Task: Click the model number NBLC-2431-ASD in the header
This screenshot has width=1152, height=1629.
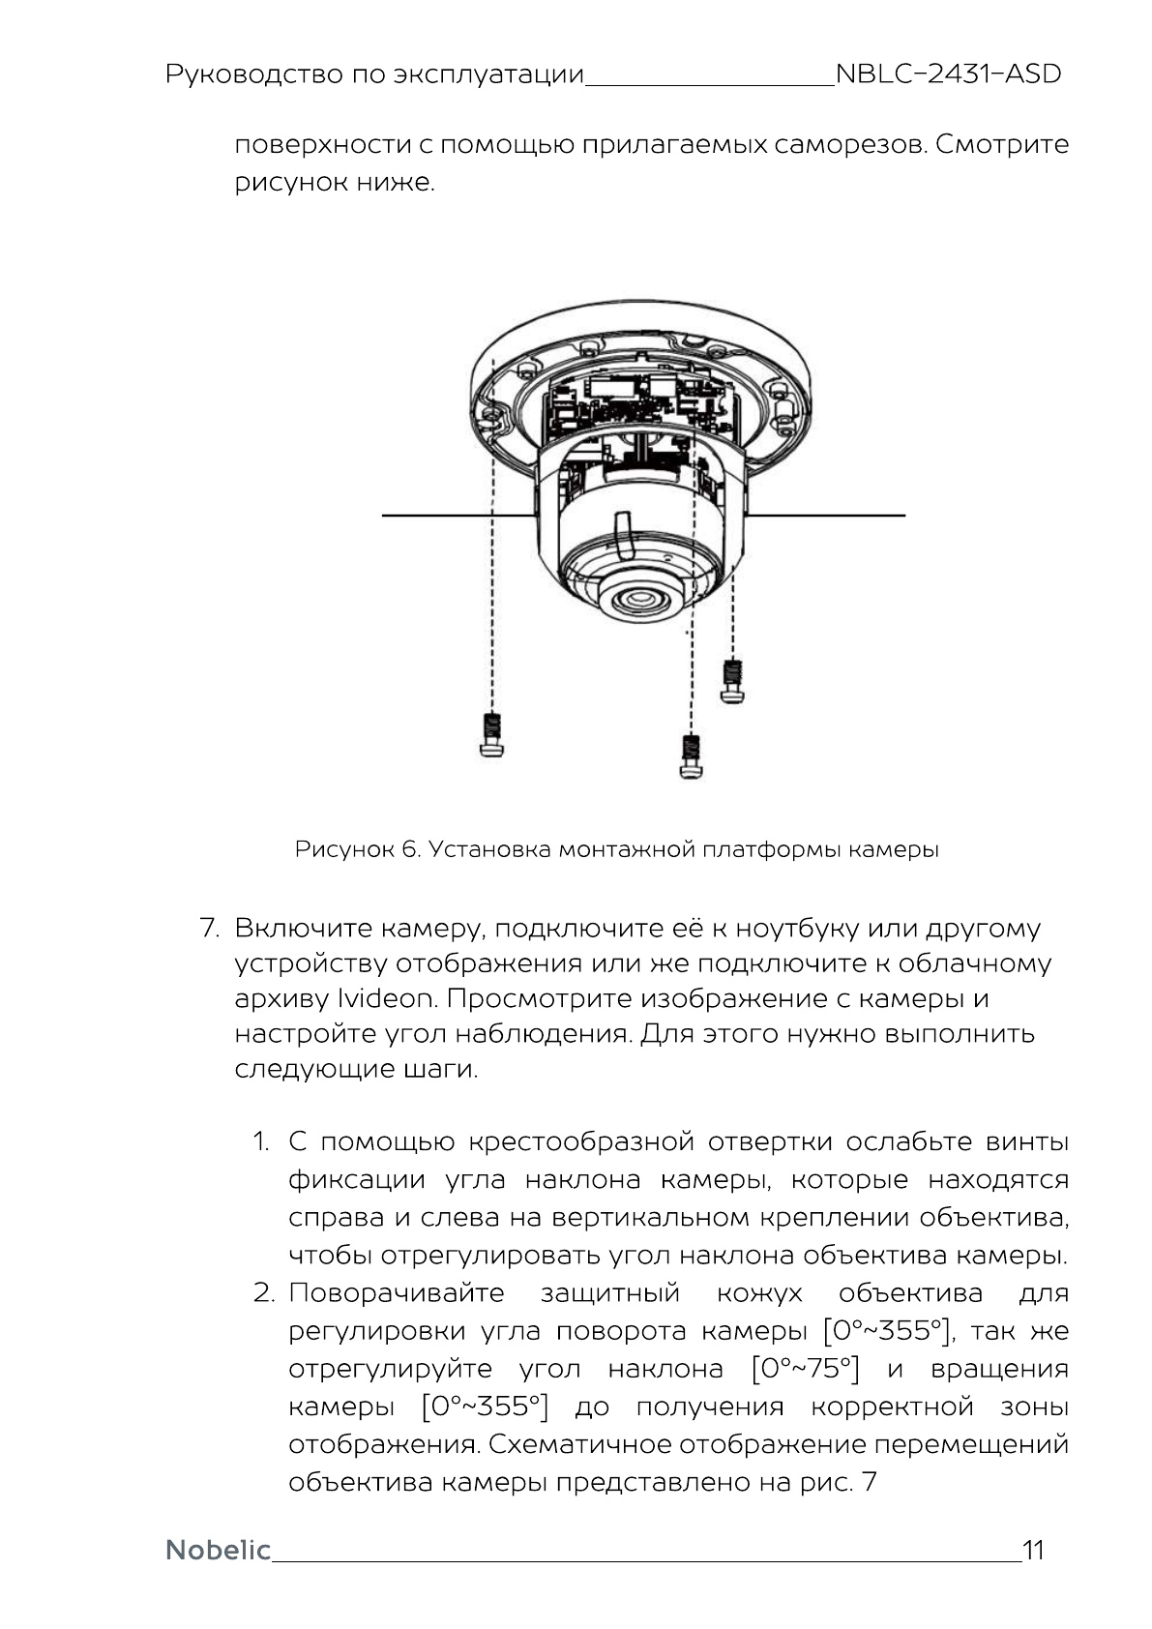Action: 948,74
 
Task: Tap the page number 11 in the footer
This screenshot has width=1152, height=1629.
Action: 1033,1551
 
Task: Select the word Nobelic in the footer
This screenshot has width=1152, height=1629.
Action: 218,1551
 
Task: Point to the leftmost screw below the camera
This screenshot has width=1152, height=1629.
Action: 492,735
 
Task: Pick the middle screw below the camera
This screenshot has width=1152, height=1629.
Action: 691,756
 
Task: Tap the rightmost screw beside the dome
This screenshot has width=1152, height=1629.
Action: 733,681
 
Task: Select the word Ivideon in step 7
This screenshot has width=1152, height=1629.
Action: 387,998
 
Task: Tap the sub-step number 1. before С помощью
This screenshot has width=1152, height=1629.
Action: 261,1142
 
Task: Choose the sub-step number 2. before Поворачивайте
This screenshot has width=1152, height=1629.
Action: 264,1293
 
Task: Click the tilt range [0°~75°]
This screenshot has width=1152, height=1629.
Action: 805,1370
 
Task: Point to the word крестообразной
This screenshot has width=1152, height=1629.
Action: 580,1142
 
